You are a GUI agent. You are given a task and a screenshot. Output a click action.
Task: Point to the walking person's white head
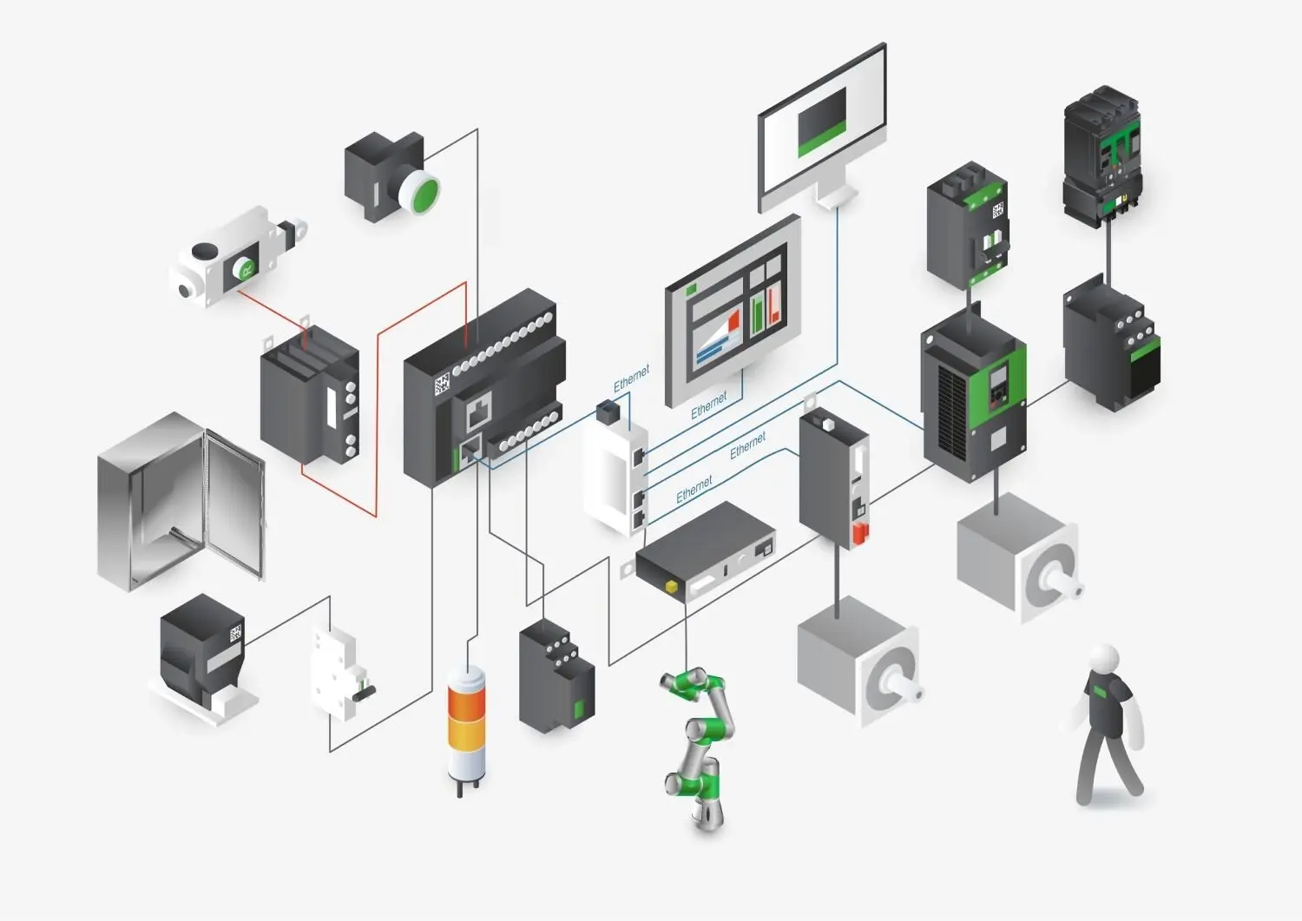point(1104,660)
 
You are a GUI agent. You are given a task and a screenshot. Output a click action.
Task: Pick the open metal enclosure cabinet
point(181,501)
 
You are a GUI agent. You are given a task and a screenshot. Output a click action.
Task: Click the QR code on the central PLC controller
point(443,384)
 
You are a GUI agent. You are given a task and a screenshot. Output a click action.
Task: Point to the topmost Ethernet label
point(632,378)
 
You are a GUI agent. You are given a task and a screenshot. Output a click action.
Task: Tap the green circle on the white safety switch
point(245,268)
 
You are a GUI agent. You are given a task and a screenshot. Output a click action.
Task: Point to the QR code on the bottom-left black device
point(235,633)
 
